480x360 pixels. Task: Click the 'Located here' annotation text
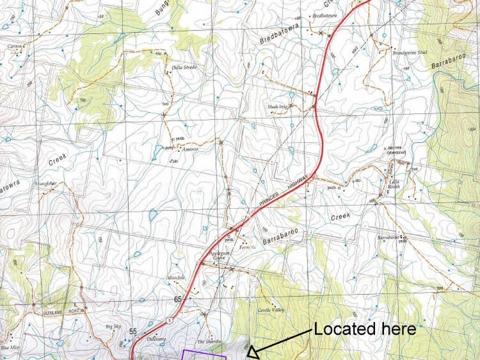pyautogui.click(x=365, y=329)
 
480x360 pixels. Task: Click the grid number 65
pyautogui.click(x=178, y=299)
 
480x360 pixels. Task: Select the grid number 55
pyautogui.click(x=133, y=331)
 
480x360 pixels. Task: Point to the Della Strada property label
pyautogui.click(x=184, y=67)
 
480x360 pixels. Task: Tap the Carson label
pyautogui.click(x=14, y=46)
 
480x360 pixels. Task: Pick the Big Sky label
pyautogui.click(x=113, y=326)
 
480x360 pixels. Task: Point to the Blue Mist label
pyautogui.click(x=10, y=347)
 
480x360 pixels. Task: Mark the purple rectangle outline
pyautogui.click(x=205, y=354)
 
